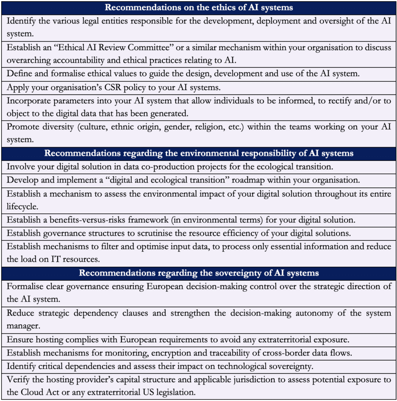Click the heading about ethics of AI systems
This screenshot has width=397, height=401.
click(x=199, y=7)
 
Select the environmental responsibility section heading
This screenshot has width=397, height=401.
click(x=199, y=153)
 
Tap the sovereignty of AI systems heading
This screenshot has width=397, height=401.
click(x=199, y=273)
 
